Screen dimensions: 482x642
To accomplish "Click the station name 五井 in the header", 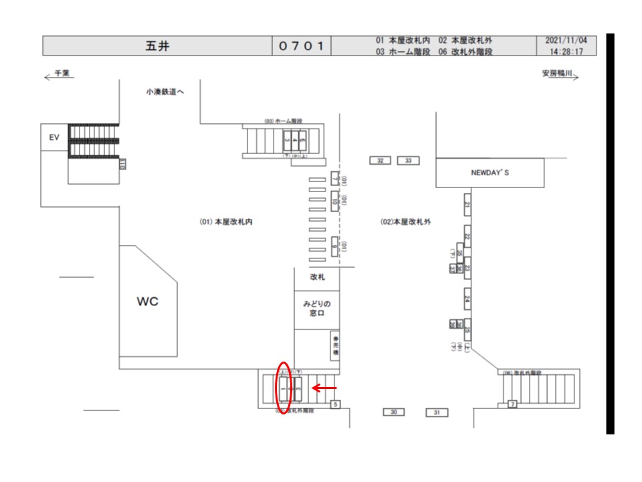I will pyautogui.click(x=157, y=46).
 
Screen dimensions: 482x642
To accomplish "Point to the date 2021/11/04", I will pyautogui.click(x=566, y=41).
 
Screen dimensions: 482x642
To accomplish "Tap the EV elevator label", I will pyautogui.click(x=54, y=137).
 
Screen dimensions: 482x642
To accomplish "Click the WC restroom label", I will pyautogui.click(x=148, y=302).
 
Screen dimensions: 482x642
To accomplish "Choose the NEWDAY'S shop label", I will pyautogui.click(x=490, y=173).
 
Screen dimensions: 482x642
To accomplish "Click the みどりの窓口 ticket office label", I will pyautogui.click(x=316, y=309).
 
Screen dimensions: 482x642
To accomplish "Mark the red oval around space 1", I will pyautogui.click(x=283, y=388).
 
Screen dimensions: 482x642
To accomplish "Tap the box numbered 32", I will pyautogui.click(x=381, y=161).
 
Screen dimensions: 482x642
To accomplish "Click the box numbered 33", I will pyautogui.click(x=408, y=161).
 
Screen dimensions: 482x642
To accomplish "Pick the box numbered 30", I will pyautogui.click(x=393, y=412).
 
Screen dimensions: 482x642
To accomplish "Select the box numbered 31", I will pyautogui.click(x=436, y=412).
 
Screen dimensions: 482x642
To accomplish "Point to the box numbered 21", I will pyautogui.click(x=467, y=205).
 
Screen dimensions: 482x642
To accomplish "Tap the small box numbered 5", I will pyautogui.click(x=336, y=404).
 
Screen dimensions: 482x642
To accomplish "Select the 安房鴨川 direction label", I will pyautogui.click(x=558, y=75).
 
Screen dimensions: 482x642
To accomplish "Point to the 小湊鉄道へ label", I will pyautogui.click(x=165, y=92).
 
